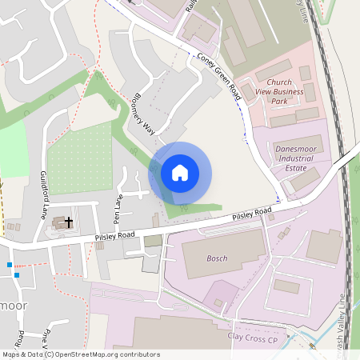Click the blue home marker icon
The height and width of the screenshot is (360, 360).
(180, 173)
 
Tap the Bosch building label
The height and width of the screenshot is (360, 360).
(218, 258)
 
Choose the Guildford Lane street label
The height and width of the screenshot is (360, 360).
(42, 194)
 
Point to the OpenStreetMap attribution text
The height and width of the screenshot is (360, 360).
(80, 354)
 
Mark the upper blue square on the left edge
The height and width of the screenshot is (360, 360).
(10, 264)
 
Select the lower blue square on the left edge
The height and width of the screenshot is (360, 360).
(16, 275)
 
